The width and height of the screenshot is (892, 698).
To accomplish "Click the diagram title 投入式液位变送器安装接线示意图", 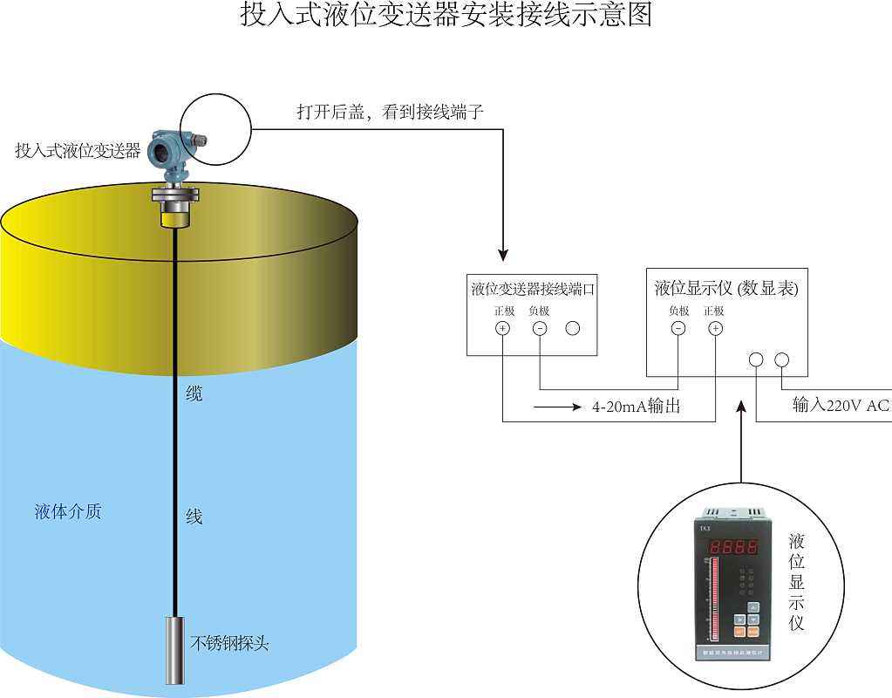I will tap(446, 15).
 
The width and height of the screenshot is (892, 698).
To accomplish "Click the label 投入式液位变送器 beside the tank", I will tap(78, 151).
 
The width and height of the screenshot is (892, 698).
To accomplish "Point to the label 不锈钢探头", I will tap(230, 644).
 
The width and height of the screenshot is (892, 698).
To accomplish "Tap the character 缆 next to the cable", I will tap(194, 393).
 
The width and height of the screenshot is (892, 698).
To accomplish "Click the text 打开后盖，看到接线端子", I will tap(389, 113).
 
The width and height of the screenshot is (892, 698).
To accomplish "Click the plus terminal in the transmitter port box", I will tap(503, 329).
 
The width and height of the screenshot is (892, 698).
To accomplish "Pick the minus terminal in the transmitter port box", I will tap(540, 329).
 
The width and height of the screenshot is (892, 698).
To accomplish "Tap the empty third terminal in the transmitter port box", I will tap(573, 329).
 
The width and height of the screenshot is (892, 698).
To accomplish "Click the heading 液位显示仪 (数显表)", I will tap(726, 288).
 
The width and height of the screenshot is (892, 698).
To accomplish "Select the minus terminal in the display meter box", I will tap(678, 329).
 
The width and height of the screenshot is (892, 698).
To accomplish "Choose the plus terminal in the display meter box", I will tap(715, 329).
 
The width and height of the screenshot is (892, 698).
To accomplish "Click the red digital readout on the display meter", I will tap(734, 549).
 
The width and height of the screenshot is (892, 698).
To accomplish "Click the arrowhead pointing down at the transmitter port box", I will tap(503, 256).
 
